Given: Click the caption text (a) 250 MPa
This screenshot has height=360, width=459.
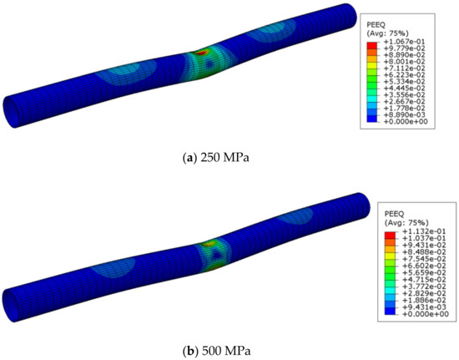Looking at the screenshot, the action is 216,158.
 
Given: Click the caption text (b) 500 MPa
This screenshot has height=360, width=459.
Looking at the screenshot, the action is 216,351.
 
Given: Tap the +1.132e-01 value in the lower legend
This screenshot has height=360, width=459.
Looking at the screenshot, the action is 424,231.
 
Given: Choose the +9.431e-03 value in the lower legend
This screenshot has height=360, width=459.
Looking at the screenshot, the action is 424,307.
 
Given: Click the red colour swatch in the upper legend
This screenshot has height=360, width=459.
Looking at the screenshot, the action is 371,45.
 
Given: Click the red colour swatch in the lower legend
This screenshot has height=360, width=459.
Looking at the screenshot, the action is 390,236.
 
